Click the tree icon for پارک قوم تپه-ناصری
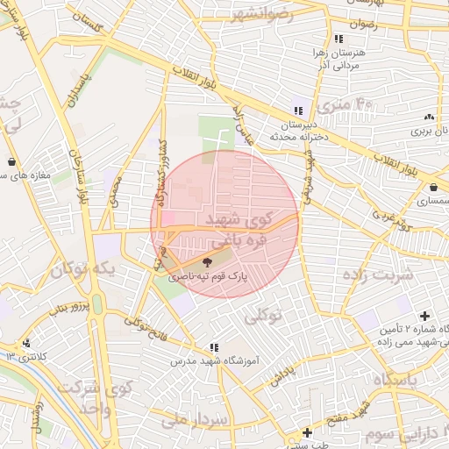(207, 260)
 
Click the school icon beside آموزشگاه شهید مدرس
(214, 347)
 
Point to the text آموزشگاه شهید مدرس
(214, 360)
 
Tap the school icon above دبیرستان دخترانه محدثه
(299, 110)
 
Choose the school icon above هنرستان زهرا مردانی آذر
(339, 39)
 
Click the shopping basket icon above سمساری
(434, 187)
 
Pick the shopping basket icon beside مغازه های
(11, 161)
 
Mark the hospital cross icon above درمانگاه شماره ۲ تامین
(425, 316)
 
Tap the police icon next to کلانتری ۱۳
(27, 343)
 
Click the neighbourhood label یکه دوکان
(83, 269)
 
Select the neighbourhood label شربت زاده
(380, 274)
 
